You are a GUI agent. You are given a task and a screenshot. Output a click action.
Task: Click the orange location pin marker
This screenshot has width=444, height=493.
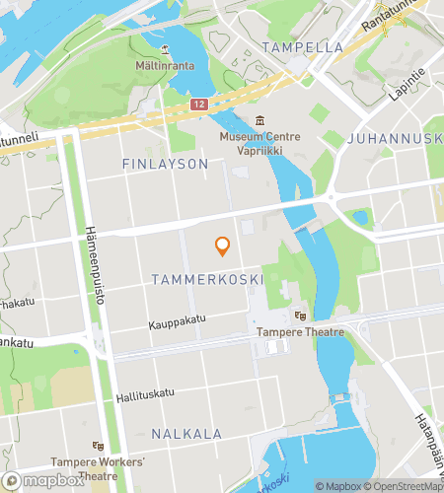click(x=223, y=246)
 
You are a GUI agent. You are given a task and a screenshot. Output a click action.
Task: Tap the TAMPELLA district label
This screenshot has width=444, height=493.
click(x=302, y=46)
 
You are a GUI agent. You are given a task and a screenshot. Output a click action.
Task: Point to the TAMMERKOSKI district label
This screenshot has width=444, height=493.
click(x=207, y=280)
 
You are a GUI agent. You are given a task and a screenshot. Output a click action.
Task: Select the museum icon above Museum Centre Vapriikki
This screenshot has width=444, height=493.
click(x=259, y=120)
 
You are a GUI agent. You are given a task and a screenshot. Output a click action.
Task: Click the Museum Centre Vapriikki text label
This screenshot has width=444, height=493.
click(x=259, y=144)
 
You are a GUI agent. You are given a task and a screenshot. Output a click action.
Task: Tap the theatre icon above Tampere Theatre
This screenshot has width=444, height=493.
click(x=300, y=316)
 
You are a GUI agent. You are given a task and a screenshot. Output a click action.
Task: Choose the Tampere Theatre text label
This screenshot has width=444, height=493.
click(x=300, y=332)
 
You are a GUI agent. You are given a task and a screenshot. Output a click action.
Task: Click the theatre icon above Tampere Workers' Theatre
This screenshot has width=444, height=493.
click(x=97, y=446)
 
